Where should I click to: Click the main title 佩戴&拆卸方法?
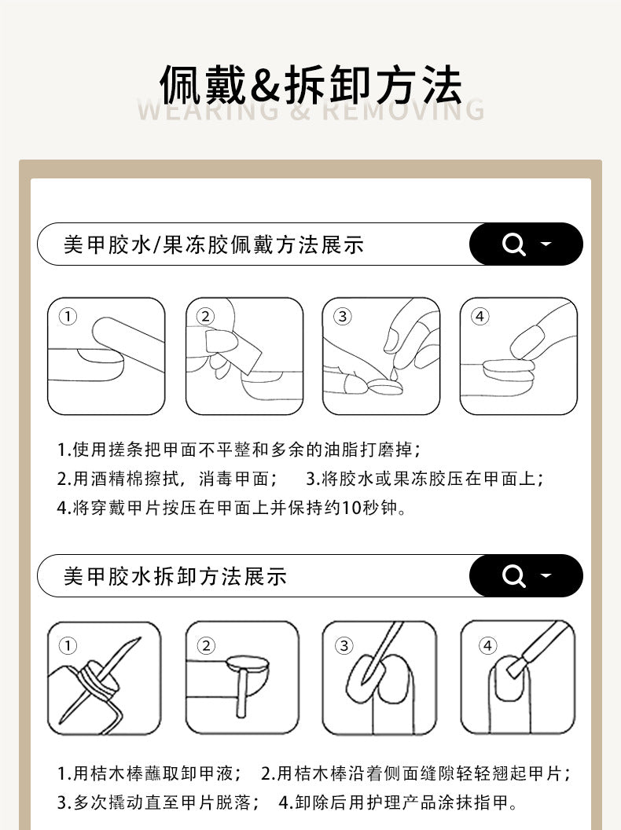point(310,85)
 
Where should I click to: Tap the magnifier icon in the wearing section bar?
point(513,244)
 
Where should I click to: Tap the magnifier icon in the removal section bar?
point(513,576)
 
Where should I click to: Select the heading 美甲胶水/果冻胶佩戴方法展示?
point(214,245)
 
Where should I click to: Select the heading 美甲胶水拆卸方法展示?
point(175,576)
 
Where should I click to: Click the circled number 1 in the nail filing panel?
point(68,317)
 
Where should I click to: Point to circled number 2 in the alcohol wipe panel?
point(205,317)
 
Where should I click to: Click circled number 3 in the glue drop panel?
point(343,317)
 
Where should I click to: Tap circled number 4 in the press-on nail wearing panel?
point(480,317)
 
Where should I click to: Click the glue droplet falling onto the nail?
point(393,373)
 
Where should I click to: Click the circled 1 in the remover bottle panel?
point(68,646)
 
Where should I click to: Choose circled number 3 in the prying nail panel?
point(344,646)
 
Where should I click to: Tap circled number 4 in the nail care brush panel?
point(487,646)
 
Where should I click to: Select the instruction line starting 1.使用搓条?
point(239,450)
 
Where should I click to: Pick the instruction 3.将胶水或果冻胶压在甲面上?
point(425,479)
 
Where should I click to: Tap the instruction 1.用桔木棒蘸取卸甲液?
point(149,773)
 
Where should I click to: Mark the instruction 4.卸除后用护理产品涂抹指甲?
point(398,802)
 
